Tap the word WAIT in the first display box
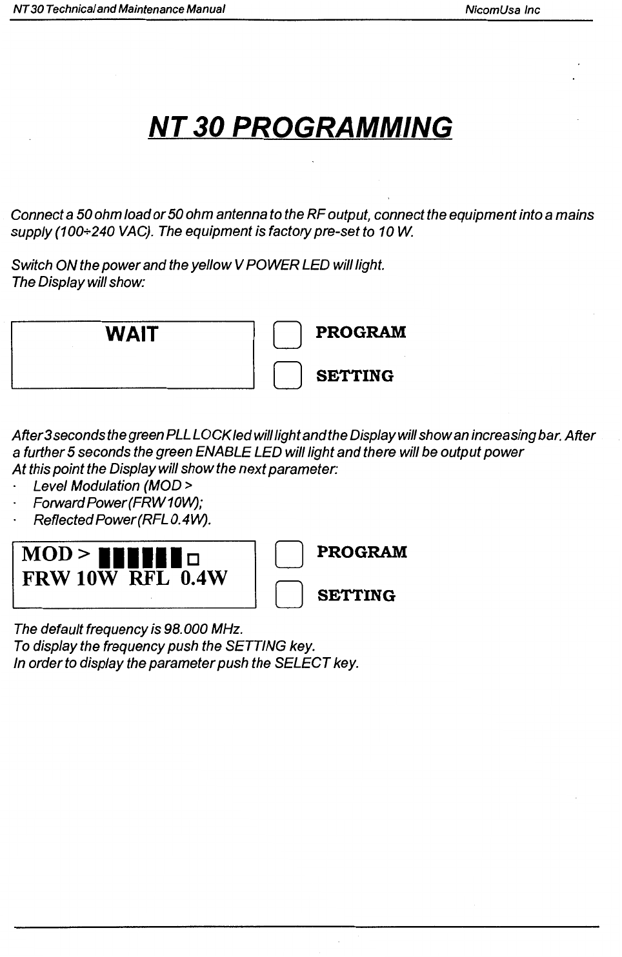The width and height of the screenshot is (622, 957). (132, 334)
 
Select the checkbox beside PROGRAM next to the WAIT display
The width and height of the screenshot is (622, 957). (287, 335)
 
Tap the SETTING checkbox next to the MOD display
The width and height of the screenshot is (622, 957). (288, 595)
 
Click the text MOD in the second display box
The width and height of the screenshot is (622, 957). (47, 554)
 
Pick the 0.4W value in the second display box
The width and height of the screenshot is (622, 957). (204, 578)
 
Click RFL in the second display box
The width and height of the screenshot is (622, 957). (149, 578)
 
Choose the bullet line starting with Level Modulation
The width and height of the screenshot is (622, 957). (113, 486)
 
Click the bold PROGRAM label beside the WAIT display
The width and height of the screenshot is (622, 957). (361, 332)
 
